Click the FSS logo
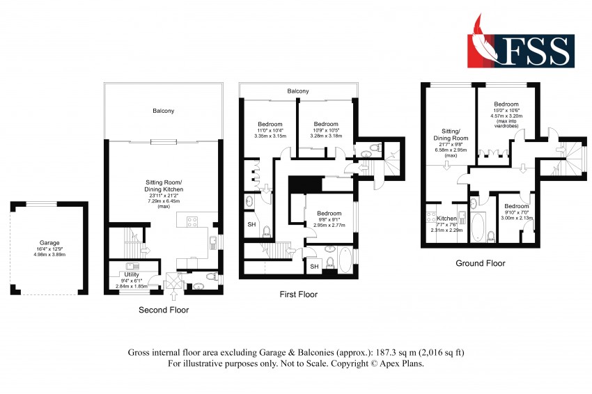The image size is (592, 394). click(x=521, y=42)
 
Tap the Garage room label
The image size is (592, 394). click(x=49, y=243)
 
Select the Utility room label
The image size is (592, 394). click(x=132, y=274)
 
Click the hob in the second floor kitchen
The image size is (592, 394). click(x=192, y=221)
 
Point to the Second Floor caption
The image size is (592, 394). click(x=164, y=310)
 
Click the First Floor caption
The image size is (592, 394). click(x=298, y=294)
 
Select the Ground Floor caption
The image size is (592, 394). click(x=481, y=263)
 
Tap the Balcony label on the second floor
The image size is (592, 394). click(x=164, y=111)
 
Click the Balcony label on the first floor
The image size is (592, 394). click(x=298, y=91)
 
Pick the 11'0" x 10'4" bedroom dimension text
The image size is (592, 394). click(x=270, y=130)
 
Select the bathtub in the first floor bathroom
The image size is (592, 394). click(x=345, y=260)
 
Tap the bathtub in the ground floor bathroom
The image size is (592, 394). click(x=478, y=227)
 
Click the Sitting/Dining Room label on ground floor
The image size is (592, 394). click(x=451, y=135)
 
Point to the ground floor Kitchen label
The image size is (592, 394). click(x=446, y=218)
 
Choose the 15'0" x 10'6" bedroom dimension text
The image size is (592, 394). click(x=506, y=111)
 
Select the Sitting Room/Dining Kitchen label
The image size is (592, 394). click(x=164, y=186)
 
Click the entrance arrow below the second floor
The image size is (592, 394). click(x=174, y=294)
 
